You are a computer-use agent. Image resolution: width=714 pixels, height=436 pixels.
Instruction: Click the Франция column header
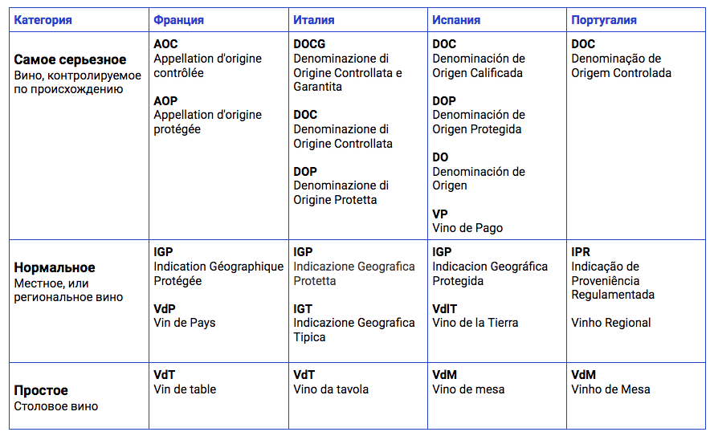pyautogui.click(x=178, y=20)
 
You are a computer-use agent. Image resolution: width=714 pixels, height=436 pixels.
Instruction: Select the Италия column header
pyautogui.click(x=313, y=20)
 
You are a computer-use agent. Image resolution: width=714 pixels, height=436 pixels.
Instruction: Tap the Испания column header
pyautogui.click(x=457, y=20)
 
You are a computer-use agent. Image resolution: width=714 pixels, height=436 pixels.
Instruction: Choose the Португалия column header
pyautogui.click(x=604, y=20)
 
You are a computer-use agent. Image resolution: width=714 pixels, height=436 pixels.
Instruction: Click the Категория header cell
pyautogui.click(x=43, y=20)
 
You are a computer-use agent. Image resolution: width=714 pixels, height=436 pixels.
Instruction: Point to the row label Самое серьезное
pyautogui.click(x=70, y=60)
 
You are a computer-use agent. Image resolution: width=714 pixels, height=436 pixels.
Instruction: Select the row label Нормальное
pyautogui.click(x=55, y=267)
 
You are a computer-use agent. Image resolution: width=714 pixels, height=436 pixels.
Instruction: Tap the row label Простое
pyautogui.click(x=41, y=390)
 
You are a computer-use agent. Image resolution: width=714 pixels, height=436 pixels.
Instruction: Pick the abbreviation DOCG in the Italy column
pyautogui.click(x=309, y=44)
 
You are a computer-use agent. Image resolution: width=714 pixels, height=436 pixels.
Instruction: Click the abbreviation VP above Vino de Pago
pyautogui.click(x=440, y=214)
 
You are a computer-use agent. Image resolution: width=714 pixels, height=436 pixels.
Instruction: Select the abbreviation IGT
pyautogui.click(x=303, y=308)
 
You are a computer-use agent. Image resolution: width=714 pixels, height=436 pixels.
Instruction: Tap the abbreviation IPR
pyautogui.click(x=581, y=252)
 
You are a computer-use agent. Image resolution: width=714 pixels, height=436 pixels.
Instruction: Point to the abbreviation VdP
pyautogui.click(x=165, y=308)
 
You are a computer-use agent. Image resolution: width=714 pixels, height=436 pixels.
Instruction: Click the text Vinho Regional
pyautogui.click(x=610, y=323)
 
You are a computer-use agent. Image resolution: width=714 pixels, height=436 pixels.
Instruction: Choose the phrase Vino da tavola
pyautogui.click(x=331, y=389)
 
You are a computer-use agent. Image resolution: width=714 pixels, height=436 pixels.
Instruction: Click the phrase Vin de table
pyautogui.click(x=185, y=389)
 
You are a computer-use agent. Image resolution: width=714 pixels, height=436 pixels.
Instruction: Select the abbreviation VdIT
pyautogui.click(x=445, y=308)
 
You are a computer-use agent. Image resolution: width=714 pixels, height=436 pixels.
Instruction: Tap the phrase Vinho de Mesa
pyautogui.click(x=610, y=389)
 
